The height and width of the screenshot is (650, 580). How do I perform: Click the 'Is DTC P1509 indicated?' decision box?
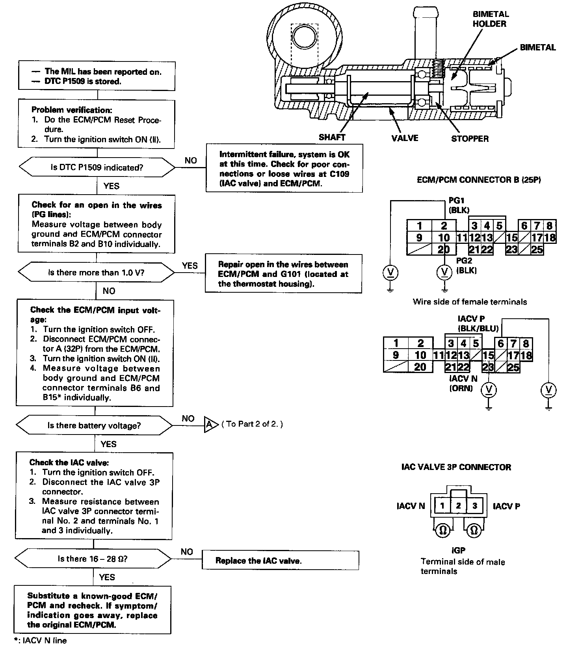pyautogui.click(x=97, y=167)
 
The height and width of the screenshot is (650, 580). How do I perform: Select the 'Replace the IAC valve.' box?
pyautogui.click(x=280, y=560)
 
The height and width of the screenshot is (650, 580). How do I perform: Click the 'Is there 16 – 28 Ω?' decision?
pyautogui.click(x=93, y=559)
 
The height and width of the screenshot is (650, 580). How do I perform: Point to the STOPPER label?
pyautogui.click(x=470, y=139)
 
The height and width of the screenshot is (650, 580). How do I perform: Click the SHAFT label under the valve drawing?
pyautogui.click(x=332, y=137)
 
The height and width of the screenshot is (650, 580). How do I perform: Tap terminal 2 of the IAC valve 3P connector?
pyautogui.click(x=458, y=506)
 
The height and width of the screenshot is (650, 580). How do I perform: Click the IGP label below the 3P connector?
pyautogui.click(x=458, y=550)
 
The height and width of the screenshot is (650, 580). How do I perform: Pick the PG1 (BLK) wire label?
pyautogui.click(x=459, y=205)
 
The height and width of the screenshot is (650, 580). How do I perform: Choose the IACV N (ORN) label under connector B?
pyautogui.click(x=463, y=383)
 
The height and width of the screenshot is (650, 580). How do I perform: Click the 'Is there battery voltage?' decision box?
pyautogui.click(x=94, y=425)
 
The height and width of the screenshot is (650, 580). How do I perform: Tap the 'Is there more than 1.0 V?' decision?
pyautogui.click(x=96, y=273)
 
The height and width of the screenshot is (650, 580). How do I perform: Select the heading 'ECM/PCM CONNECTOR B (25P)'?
pyautogui.click(x=479, y=180)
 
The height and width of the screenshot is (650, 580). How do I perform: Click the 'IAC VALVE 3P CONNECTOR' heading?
pyautogui.click(x=456, y=467)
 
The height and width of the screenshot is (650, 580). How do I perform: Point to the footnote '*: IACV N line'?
pyautogui.click(x=40, y=641)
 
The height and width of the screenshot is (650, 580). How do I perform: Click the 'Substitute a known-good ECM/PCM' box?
pyautogui.click(x=93, y=610)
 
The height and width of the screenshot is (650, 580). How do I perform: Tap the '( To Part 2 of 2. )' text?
pyautogui.click(x=252, y=424)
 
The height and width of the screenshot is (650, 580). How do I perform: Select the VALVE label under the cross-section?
pyautogui.click(x=405, y=138)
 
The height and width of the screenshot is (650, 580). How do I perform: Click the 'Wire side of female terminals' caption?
pyautogui.click(x=470, y=302)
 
